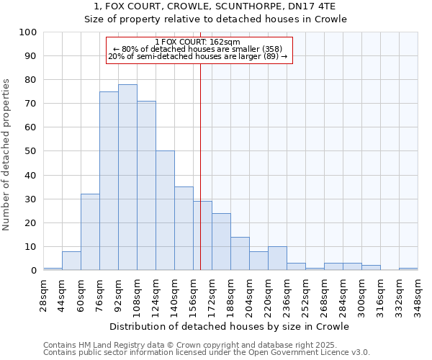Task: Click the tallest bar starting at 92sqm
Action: click(x=127, y=177)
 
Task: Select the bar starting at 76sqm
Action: click(x=109, y=181)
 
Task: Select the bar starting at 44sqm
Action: click(x=71, y=261)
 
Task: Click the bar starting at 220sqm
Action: click(x=277, y=258)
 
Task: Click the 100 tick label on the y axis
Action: click(x=28, y=32)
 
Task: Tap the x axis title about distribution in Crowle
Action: click(x=230, y=326)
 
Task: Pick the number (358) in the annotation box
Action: click(x=276, y=49)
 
